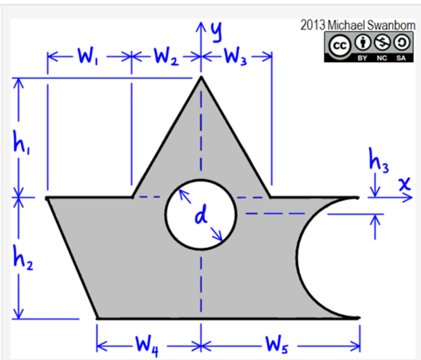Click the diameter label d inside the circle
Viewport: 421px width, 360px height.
200,215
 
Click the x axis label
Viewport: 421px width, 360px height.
405,184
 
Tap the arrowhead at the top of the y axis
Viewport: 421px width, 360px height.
201,25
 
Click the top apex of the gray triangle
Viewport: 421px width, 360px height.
201,76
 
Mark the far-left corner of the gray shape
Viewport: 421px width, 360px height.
48,198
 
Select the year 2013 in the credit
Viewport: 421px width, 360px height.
312,25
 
